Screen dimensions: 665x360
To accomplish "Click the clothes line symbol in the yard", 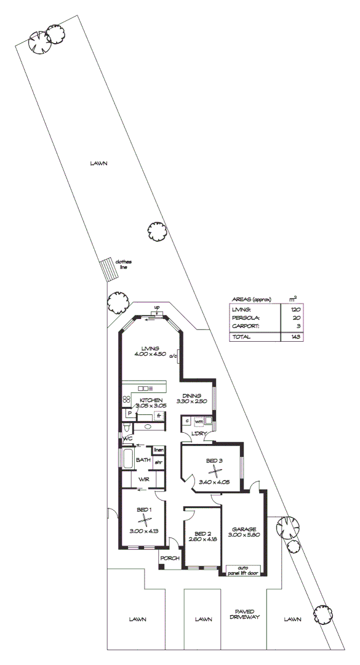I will coord(108,269).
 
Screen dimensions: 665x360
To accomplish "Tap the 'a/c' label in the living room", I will coord(174,355).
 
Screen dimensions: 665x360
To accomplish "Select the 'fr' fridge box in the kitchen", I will coord(159,416).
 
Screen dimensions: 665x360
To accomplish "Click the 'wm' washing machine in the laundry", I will coord(199,421).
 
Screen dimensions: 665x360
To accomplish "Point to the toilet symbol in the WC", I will coord(127,428).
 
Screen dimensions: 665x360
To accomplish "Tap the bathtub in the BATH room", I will coord(127,459).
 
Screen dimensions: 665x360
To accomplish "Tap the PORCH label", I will coord(170,559).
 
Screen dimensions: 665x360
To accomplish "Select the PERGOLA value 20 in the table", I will coord(296,318).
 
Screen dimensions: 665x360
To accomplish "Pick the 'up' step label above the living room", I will coord(157,307).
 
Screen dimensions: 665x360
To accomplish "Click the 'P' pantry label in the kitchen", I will coord(130,413).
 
